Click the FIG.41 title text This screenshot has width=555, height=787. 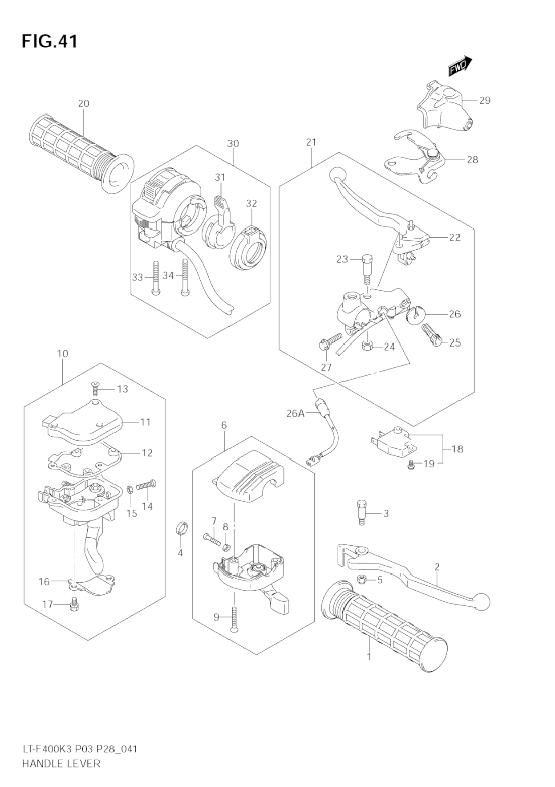coord(49,41)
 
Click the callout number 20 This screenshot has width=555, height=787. coord(83,104)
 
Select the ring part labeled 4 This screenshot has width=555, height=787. coord(181,528)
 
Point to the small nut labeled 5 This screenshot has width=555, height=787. coord(362,579)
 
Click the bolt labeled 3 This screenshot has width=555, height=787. coord(362,512)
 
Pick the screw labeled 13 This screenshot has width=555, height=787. coord(95,388)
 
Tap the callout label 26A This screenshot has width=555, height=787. coord(296,414)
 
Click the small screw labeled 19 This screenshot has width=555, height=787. coord(411,465)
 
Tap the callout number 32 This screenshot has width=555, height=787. coord(251,204)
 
